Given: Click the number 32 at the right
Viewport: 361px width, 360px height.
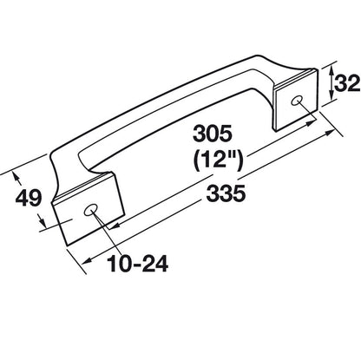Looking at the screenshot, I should pyautogui.click(x=346, y=83).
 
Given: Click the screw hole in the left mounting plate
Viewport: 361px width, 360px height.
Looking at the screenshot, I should pyautogui.click(x=92, y=211).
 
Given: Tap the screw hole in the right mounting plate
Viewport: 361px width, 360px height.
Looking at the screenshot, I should pyautogui.click(x=299, y=102).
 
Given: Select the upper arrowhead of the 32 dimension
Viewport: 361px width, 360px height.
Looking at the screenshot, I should pyautogui.click(x=335, y=69).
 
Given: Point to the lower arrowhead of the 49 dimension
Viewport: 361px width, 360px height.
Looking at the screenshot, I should pyautogui.click(x=43, y=227).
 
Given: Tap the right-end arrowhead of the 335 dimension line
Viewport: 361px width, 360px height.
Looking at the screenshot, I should pyautogui.click(x=336, y=133).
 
